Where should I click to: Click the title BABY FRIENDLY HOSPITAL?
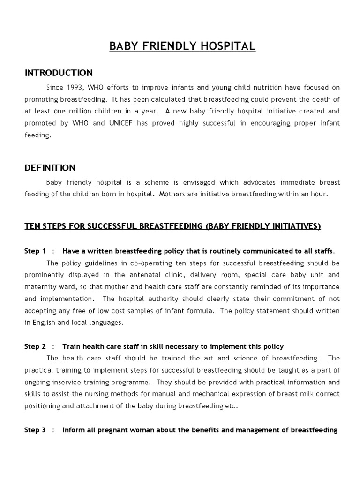click(182, 46)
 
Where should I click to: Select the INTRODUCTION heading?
click(59, 73)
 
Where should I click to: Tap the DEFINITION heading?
click(50, 167)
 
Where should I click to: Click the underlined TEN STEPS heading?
click(172, 226)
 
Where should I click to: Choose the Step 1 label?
click(35, 251)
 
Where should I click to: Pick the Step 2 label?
click(35, 346)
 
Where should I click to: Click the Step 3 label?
click(35, 430)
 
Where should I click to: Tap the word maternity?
click(39, 287)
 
